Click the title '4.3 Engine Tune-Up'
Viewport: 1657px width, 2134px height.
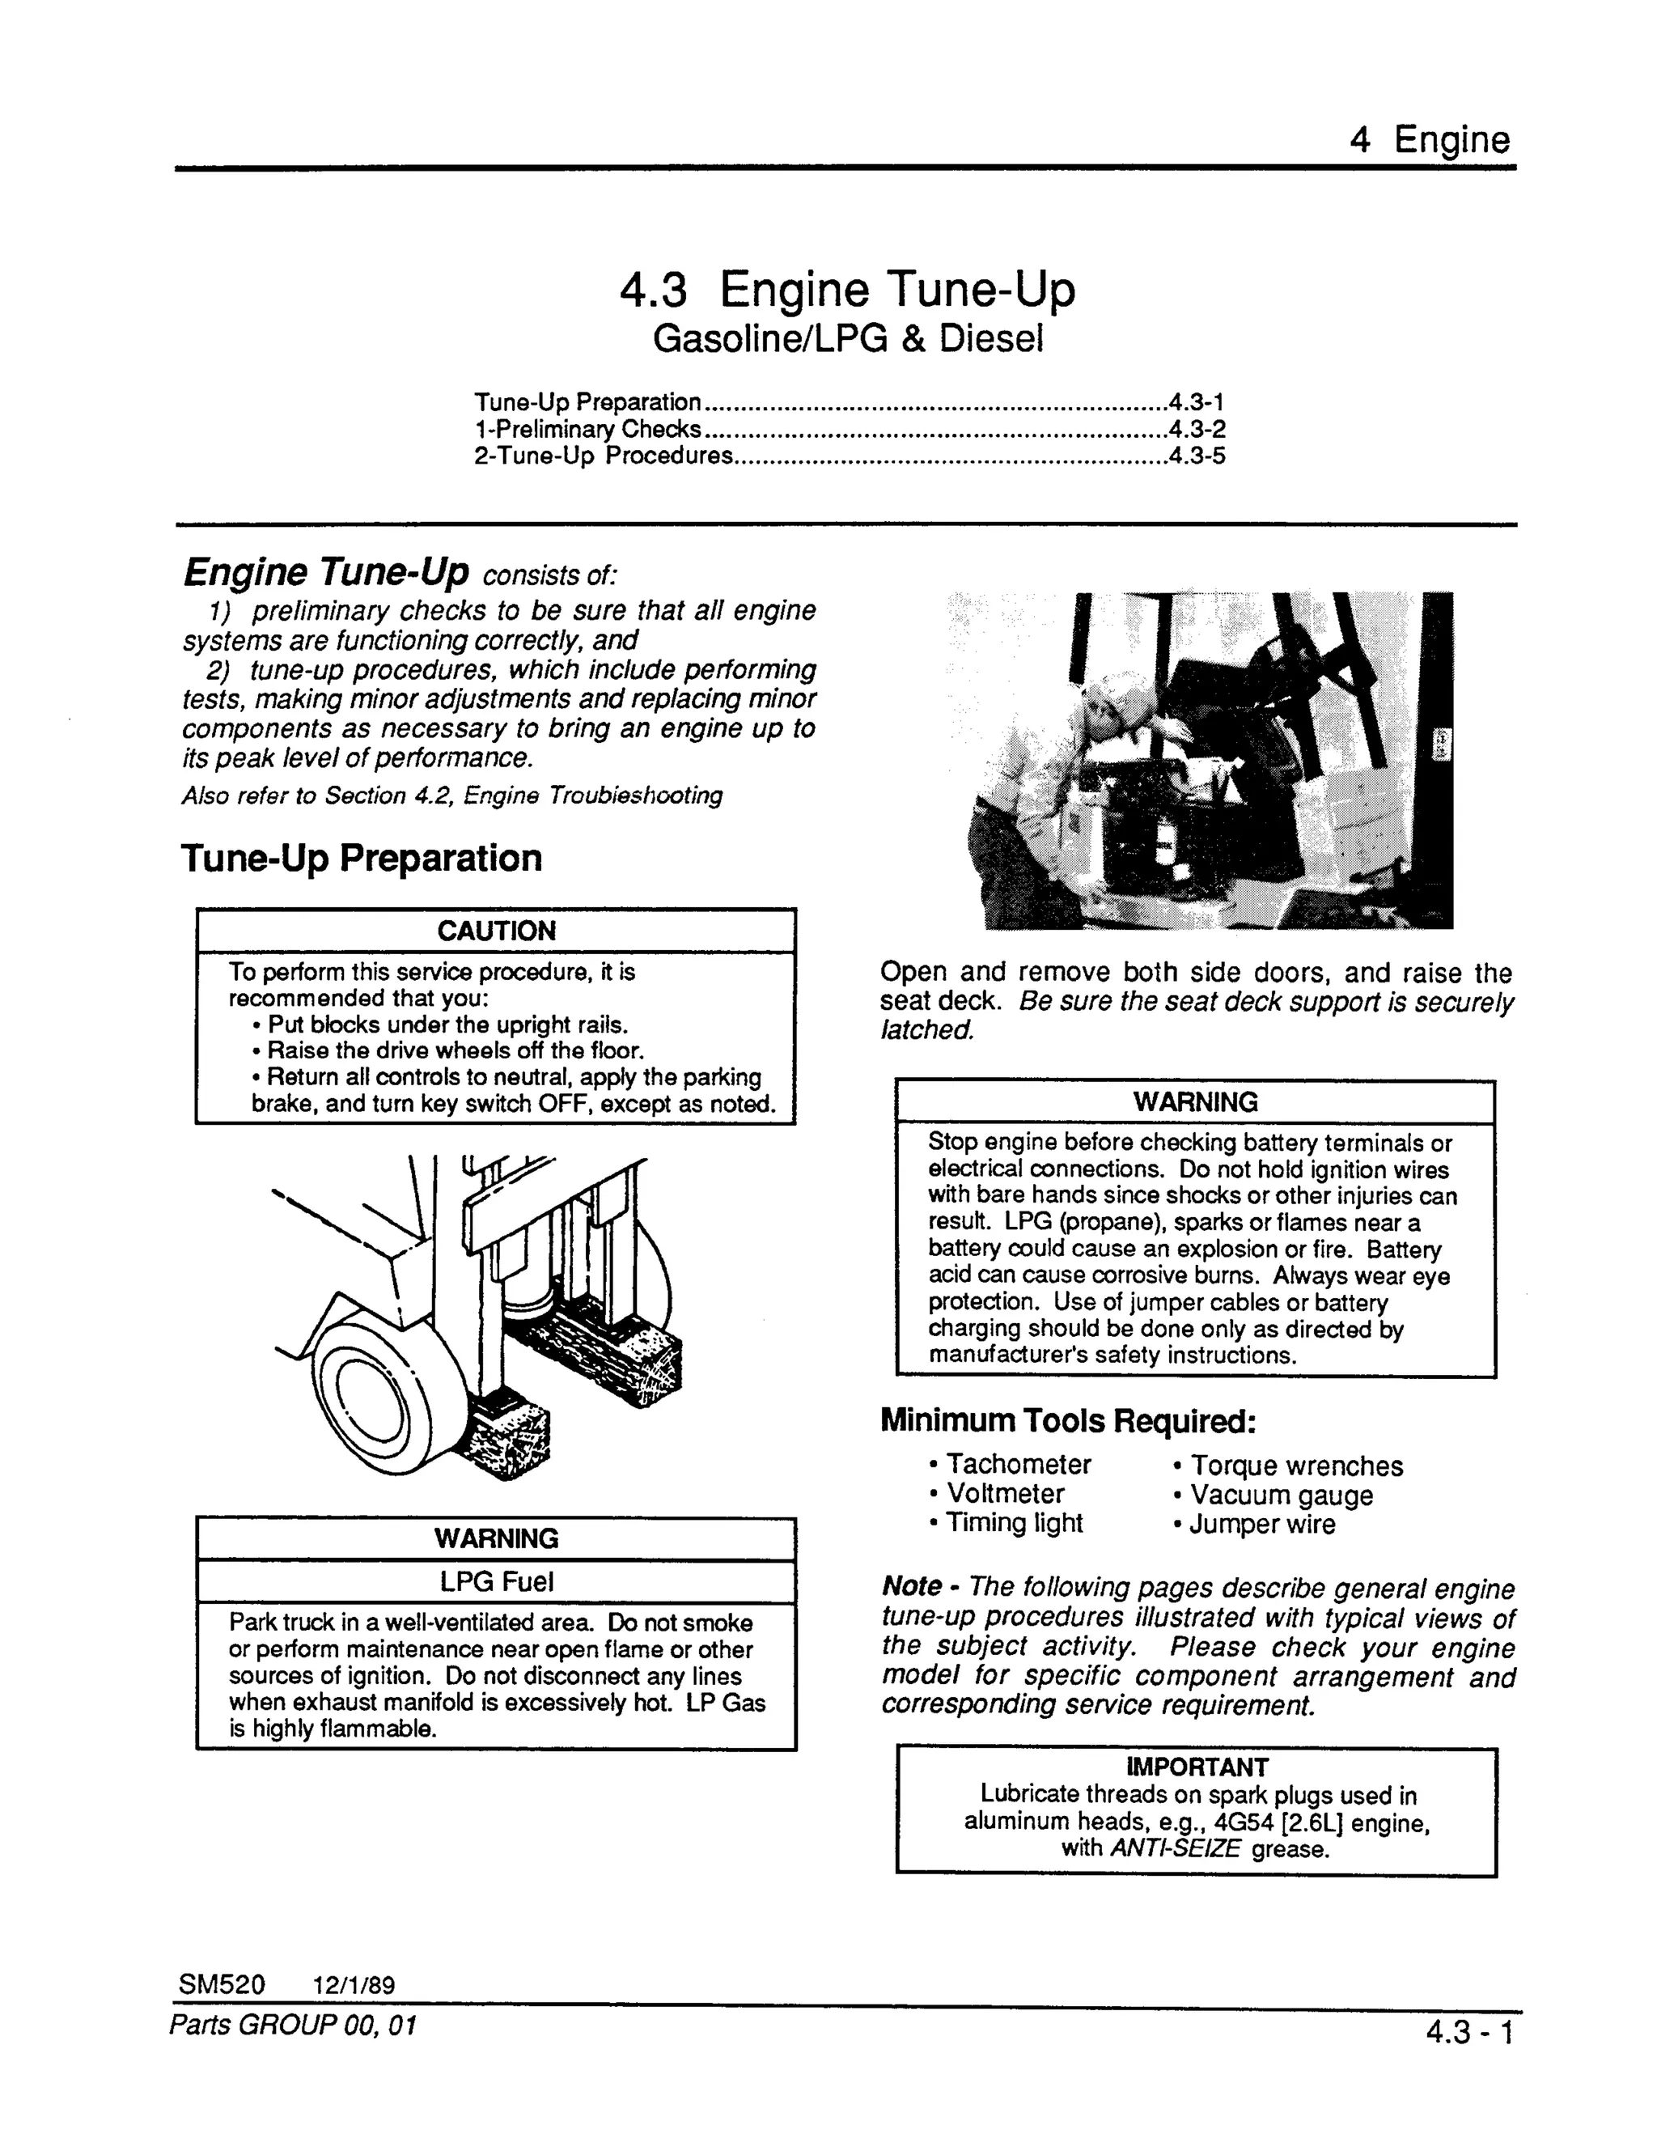(x=847, y=289)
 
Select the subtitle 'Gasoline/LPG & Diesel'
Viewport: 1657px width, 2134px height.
(x=847, y=339)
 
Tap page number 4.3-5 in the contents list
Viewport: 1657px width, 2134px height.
(x=1197, y=456)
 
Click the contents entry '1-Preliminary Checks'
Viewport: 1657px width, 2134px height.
(x=587, y=429)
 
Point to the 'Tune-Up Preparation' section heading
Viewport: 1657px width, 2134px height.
(x=362, y=858)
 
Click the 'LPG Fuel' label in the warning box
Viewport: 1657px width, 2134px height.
(x=495, y=1581)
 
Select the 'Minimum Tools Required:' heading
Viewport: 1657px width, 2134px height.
(x=1067, y=1419)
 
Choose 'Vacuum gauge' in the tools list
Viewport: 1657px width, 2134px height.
(x=1280, y=1495)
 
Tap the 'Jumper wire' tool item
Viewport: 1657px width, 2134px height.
(x=1261, y=1525)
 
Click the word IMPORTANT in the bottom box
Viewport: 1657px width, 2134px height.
(x=1196, y=1767)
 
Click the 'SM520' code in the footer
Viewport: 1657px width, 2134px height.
(x=222, y=1984)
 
